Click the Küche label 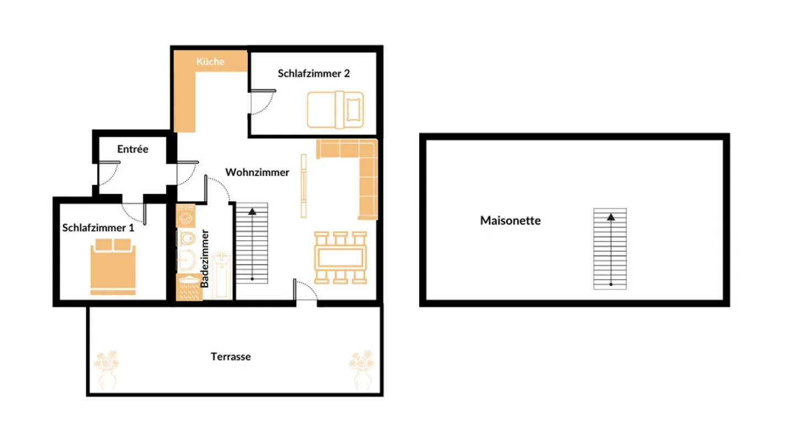(x=210, y=62)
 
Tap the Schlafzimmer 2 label (x=313, y=73)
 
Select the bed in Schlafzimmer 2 (x=335, y=110)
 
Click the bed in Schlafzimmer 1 (x=113, y=266)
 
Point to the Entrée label (x=133, y=149)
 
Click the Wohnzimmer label (x=257, y=172)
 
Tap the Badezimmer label (x=205, y=259)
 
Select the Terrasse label (x=231, y=357)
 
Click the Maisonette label (x=510, y=221)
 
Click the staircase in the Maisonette (x=610, y=249)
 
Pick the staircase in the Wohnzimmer (x=252, y=243)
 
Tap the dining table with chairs (x=341, y=258)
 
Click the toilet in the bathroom (x=187, y=239)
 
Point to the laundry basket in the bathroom (x=189, y=287)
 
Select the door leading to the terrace (x=306, y=290)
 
